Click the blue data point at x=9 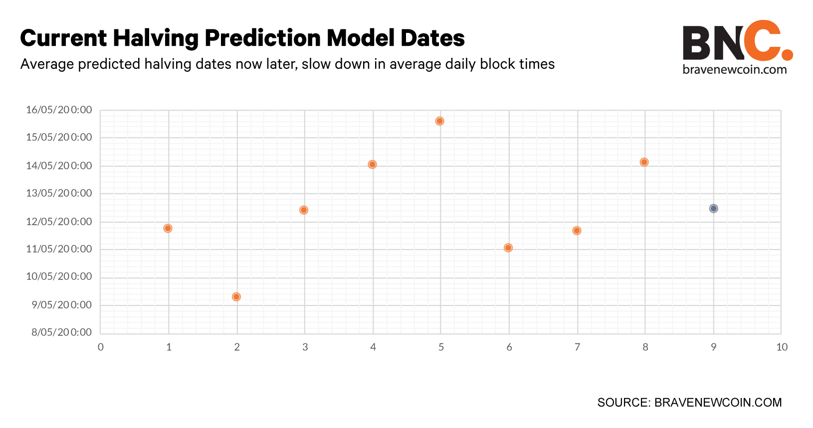click(x=714, y=209)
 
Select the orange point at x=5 click(x=439, y=121)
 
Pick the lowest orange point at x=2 click(x=236, y=297)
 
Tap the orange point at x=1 click(x=168, y=229)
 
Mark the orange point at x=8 click(x=644, y=162)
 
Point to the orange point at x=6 click(x=508, y=248)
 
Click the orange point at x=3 click(x=304, y=210)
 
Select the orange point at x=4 click(x=372, y=164)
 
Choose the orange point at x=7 click(x=577, y=231)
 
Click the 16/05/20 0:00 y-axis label click(x=59, y=110)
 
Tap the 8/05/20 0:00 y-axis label click(x=62, y=332)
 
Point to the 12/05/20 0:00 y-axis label click(x=59, y=221)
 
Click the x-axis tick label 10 click(x=782, y=347)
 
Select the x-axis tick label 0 click(x=101, y=347)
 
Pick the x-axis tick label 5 click(x=441, y=347)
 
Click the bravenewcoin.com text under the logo click(x=735, y=69)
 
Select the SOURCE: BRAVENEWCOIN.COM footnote click(x=690, y=403)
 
